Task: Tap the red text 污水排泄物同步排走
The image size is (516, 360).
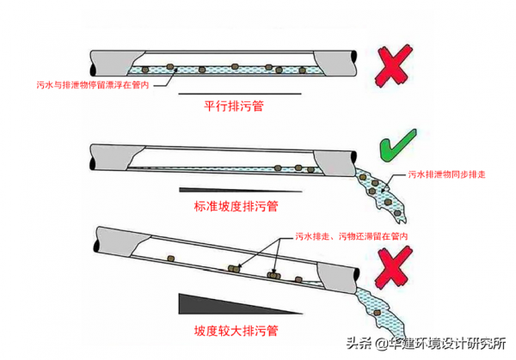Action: pyautogui.click(x=445, y=175)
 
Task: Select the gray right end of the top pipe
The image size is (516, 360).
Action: pyautogui.click(x=339, y=61)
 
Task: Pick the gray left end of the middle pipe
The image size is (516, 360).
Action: pyautogui.click(x=107, y=156)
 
